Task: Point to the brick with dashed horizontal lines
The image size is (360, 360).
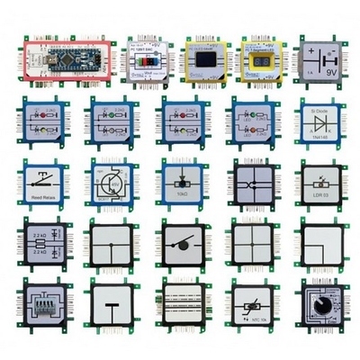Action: click(x=180, y=308)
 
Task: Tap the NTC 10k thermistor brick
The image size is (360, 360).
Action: click(x=247, y=308)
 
